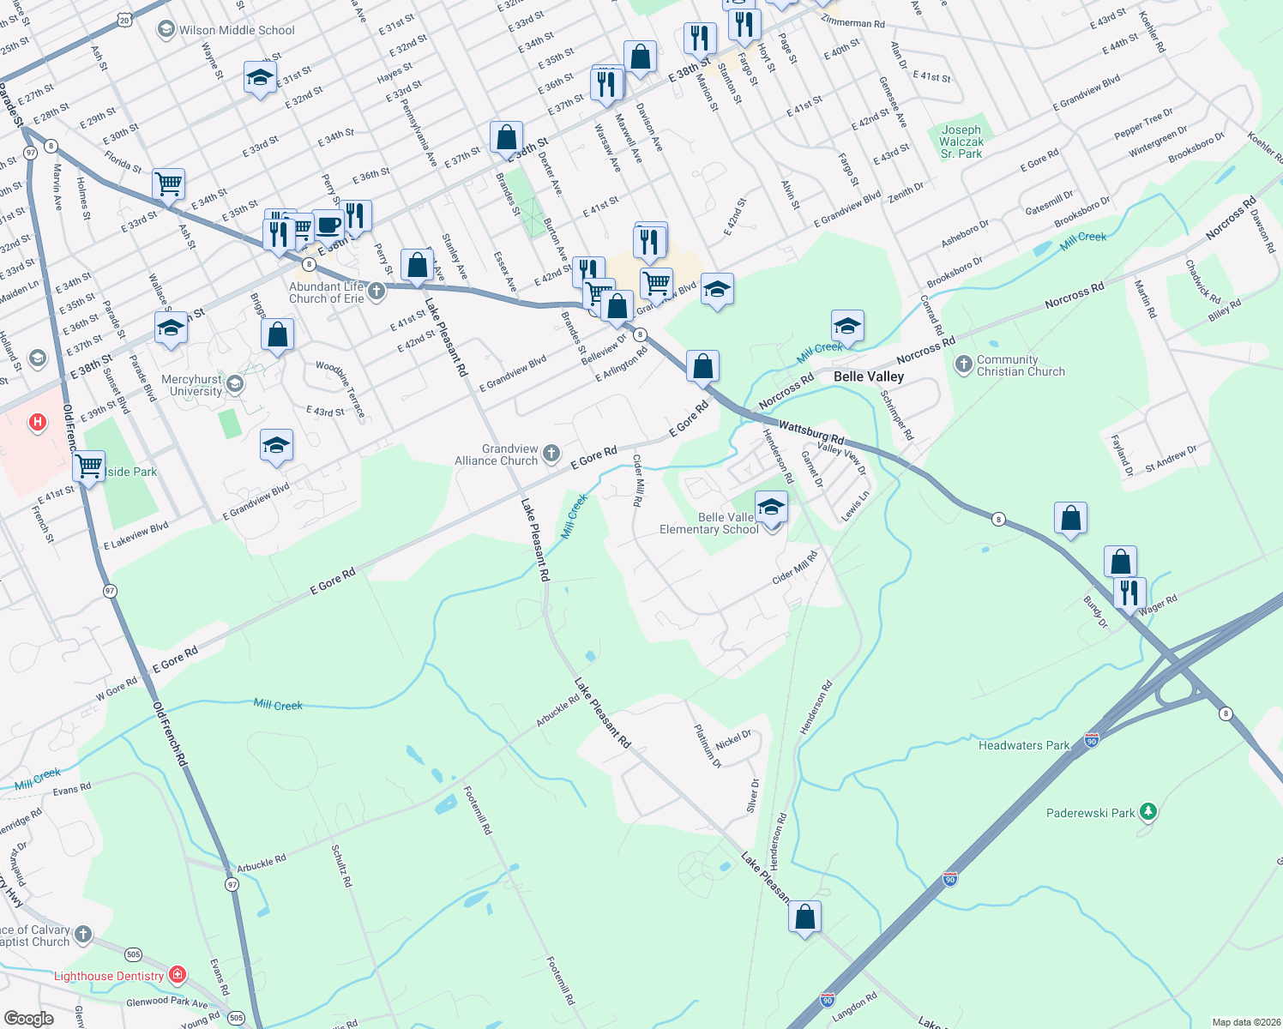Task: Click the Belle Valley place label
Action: coord(869,376)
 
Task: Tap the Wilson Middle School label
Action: coord(237,30)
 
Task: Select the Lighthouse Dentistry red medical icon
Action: coord(178,975)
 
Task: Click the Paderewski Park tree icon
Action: coord(1148,811)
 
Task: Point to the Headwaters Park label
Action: coord(1024,745)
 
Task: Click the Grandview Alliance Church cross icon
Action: coord(551,453)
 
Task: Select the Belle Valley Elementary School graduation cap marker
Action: coord(771,507)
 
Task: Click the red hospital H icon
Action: coord(37,422)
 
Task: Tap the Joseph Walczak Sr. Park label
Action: coord(961,141)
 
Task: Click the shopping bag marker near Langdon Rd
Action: coord(804,917)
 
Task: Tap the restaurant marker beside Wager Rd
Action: coord(1129,592)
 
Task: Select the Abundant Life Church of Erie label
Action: coord(327,292)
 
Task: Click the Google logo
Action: coord(28,1019)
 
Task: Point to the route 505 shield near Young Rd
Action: coord(236,1018)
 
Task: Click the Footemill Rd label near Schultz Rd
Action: coord(478,809)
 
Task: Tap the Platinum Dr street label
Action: coord(708,745)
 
